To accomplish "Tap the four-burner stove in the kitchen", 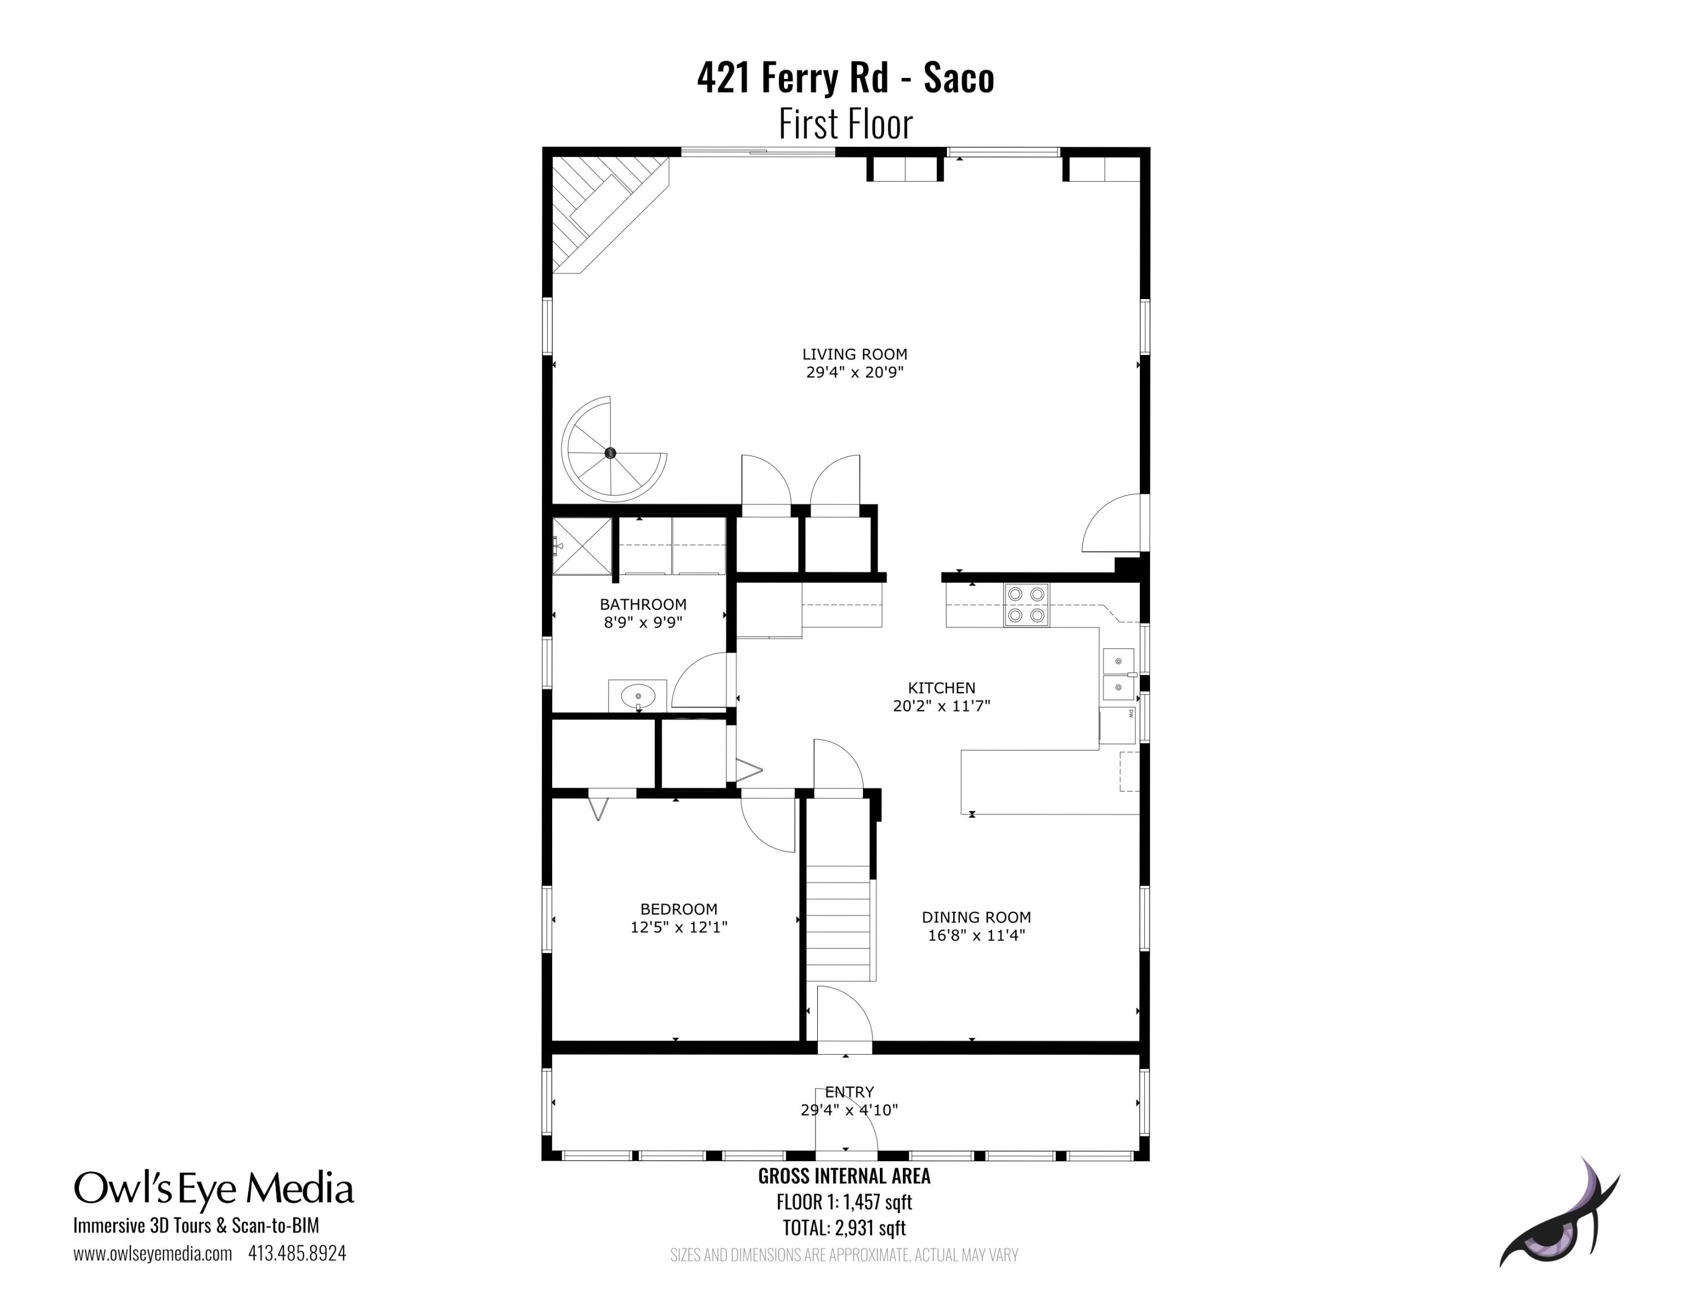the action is click(x=1026, y=604).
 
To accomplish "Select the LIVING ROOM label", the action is click(x=854, y=354).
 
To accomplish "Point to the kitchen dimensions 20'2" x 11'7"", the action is click(x=941, y=706).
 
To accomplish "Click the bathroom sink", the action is click(x=637, y=696).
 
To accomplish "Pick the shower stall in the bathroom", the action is click(x=581, y=546).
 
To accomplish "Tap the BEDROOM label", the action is click(x=678, y=909).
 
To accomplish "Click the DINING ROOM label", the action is click(x=976, y=918).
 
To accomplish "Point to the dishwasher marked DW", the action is click(x=1118, y=725).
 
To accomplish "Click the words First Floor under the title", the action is click(x=845, y=124).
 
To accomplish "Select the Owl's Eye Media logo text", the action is click(x=214, y=1190).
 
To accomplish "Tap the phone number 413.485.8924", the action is click(x=297, y=1253).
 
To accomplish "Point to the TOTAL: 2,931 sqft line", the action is click(x=844, y=1228).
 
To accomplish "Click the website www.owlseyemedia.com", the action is click(x=153, y=1254).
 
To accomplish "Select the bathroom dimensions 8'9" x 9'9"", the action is click(x=643, y=622).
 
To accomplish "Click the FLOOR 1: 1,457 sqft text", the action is click(x=844, y=1202).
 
